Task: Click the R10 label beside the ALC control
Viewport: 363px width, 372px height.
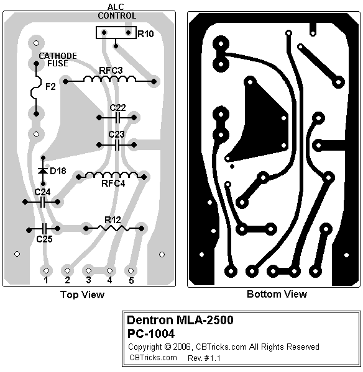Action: click(145, 34)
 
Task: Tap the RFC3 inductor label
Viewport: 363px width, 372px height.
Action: click(111, 71)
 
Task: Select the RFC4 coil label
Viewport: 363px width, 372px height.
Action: click(113, 184)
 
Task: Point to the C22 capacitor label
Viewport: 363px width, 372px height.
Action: click(117, 108)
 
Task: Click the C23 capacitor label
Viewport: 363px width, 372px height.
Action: click(117, 135)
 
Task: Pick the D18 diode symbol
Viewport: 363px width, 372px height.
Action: click(43, 170)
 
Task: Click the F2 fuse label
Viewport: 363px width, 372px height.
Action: click(50, 87)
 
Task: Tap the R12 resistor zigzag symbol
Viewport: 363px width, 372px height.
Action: click(114, 228)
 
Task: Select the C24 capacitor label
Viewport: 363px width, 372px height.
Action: click(43, 192)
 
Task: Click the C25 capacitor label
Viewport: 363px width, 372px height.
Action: click(45, 239)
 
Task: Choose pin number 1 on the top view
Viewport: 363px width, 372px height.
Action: click(46, 280)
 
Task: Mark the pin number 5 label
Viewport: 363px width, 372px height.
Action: click(131, 280)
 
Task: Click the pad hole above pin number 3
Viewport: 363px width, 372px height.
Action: click(88, 270)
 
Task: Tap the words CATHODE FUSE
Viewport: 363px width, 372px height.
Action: click(58, 60)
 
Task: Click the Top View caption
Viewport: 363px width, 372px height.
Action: click(82, 294)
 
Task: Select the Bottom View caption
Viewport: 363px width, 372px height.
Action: click(277, 294)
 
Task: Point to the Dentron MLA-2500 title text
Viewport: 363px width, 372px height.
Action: click(180, 320)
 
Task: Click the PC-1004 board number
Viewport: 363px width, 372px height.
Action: click(151, 334)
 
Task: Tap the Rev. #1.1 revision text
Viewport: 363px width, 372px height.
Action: click(204, 358)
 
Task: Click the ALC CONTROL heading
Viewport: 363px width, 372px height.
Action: click(117, 11)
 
